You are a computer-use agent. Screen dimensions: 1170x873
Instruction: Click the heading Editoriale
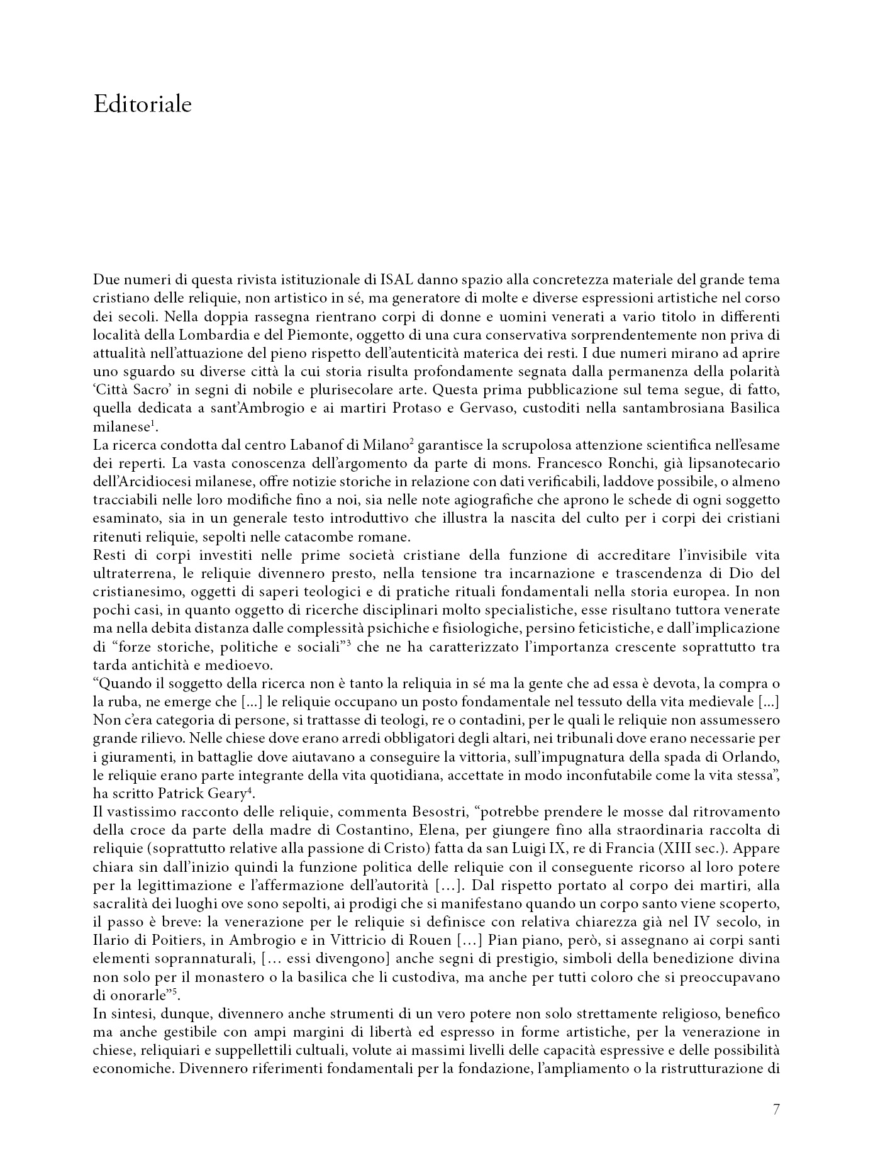coord(142,104)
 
